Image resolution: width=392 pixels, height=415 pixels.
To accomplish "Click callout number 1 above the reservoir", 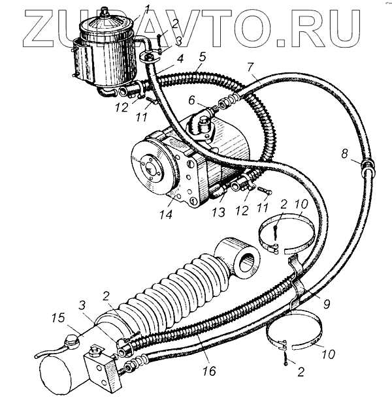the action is (148, 10).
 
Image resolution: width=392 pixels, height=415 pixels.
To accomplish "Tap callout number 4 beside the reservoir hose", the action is (179, 57).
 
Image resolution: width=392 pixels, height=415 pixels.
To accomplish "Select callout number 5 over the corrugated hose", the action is (203, 57).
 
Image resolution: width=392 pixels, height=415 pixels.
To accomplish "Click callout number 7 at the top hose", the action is (250, 67).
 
